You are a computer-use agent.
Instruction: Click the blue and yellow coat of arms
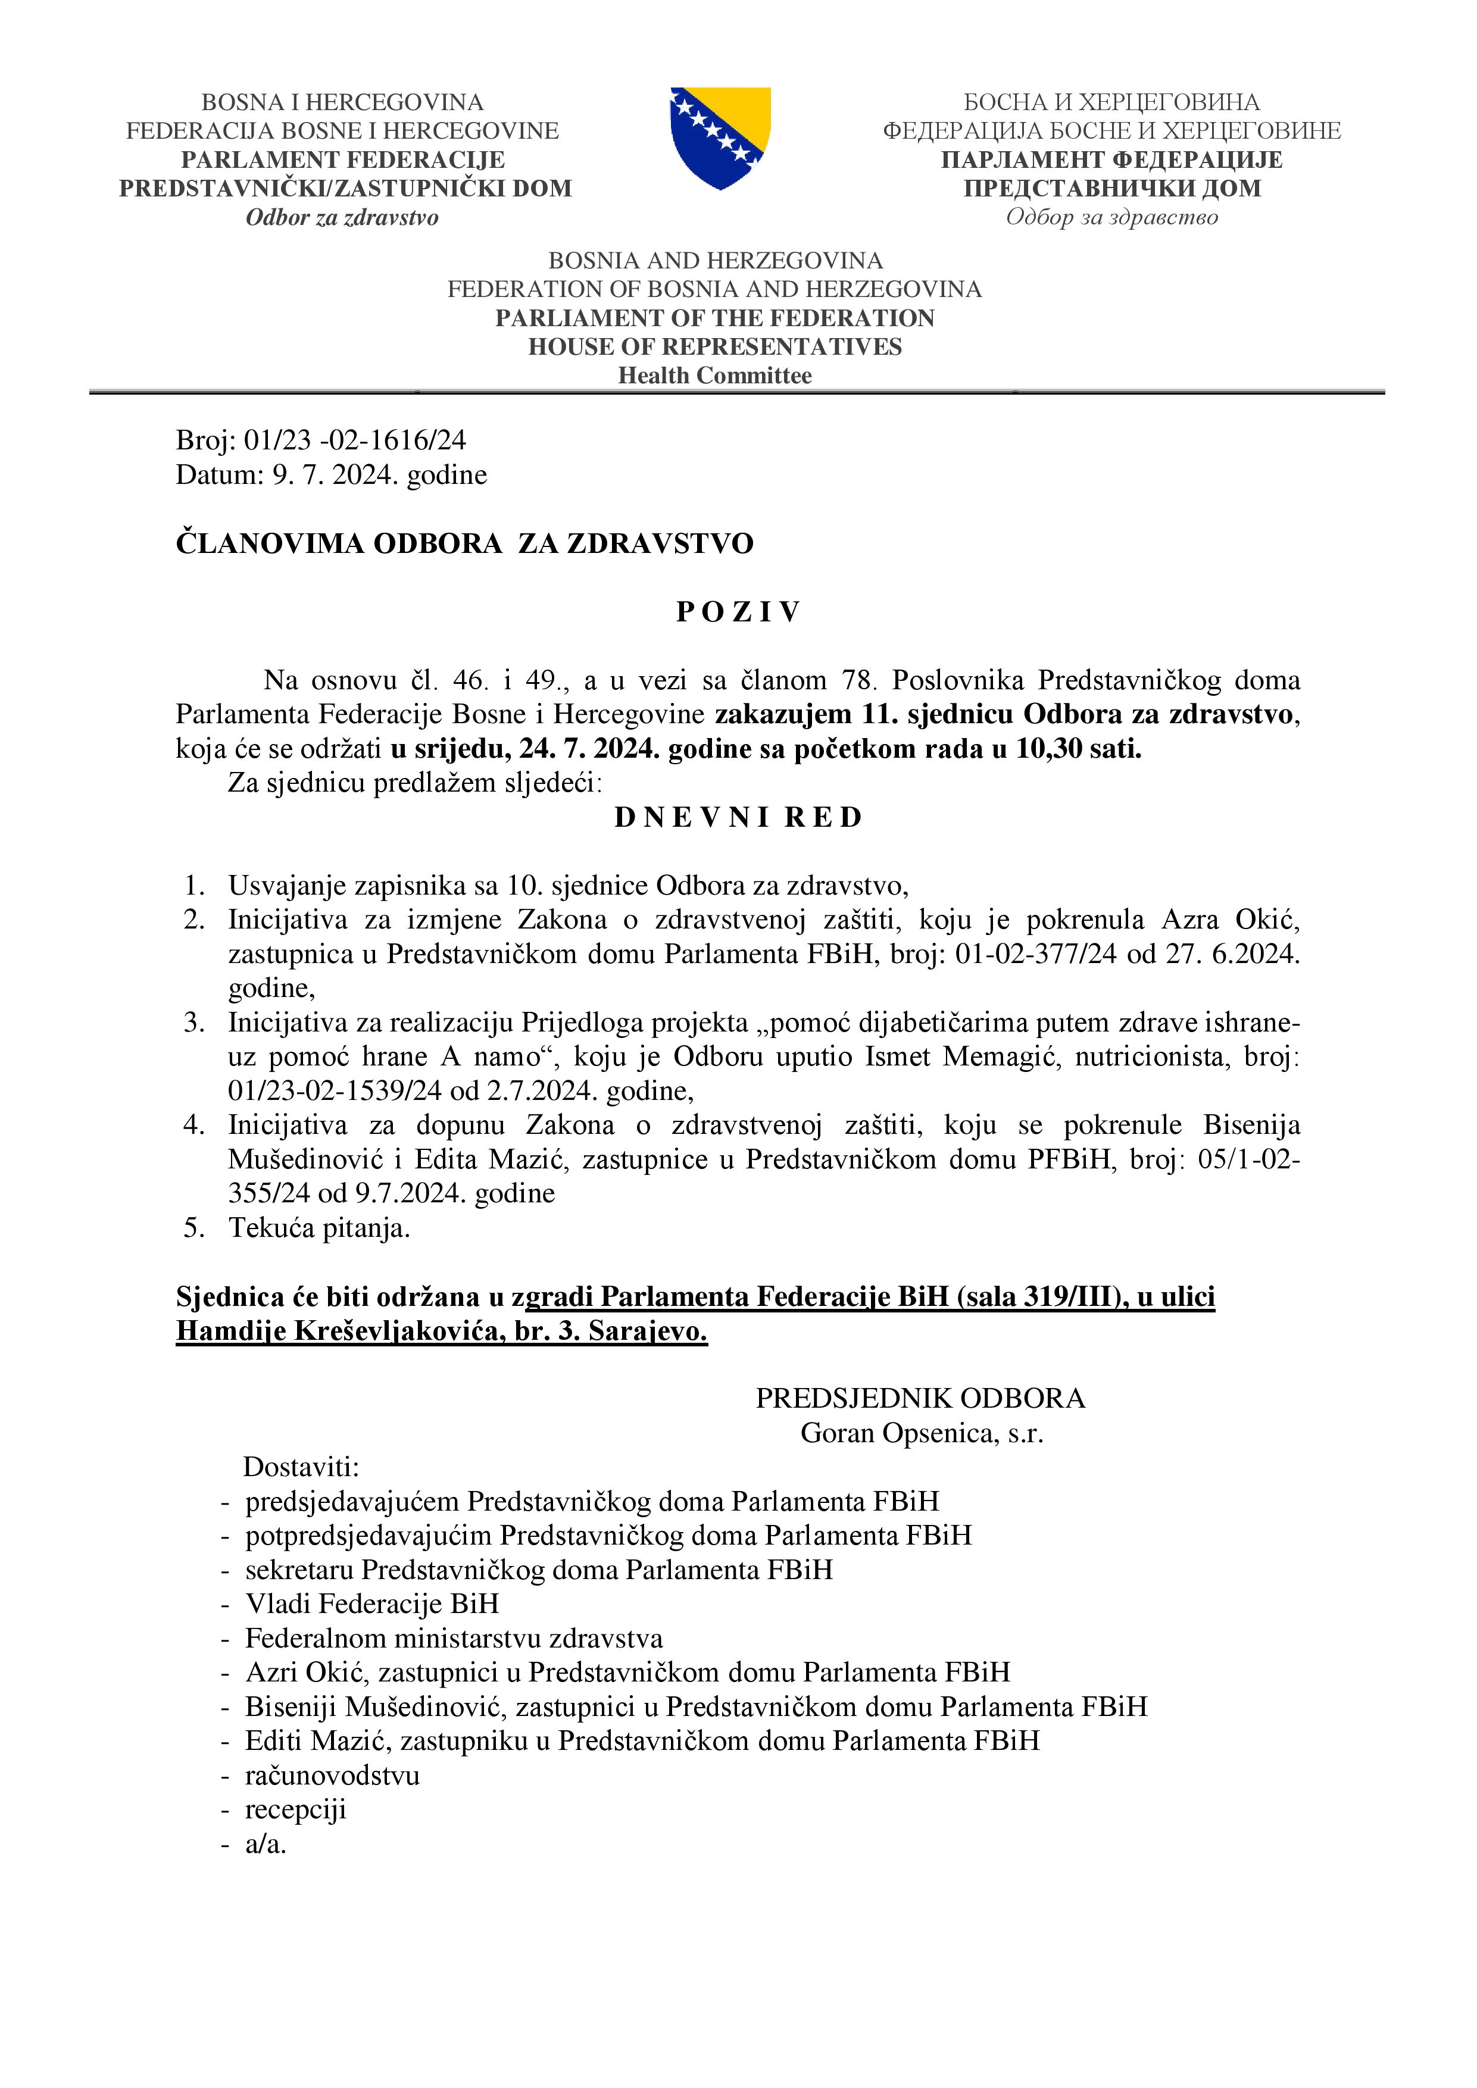(x=720, y=137)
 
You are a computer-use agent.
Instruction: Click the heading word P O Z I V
(x=738, y=612)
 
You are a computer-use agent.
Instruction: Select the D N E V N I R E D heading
(x=738, y=818)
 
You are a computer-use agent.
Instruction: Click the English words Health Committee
(x=715, y=376)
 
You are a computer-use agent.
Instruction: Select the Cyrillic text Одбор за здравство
(x=1111, y=217)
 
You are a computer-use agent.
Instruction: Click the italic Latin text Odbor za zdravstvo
(x=342, y=217)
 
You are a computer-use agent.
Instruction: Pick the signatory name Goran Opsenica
(x=900, y=1433)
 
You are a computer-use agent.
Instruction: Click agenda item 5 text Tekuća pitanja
(x=319, y=1229)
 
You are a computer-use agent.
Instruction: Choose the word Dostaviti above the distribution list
(x=301, y=1467)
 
